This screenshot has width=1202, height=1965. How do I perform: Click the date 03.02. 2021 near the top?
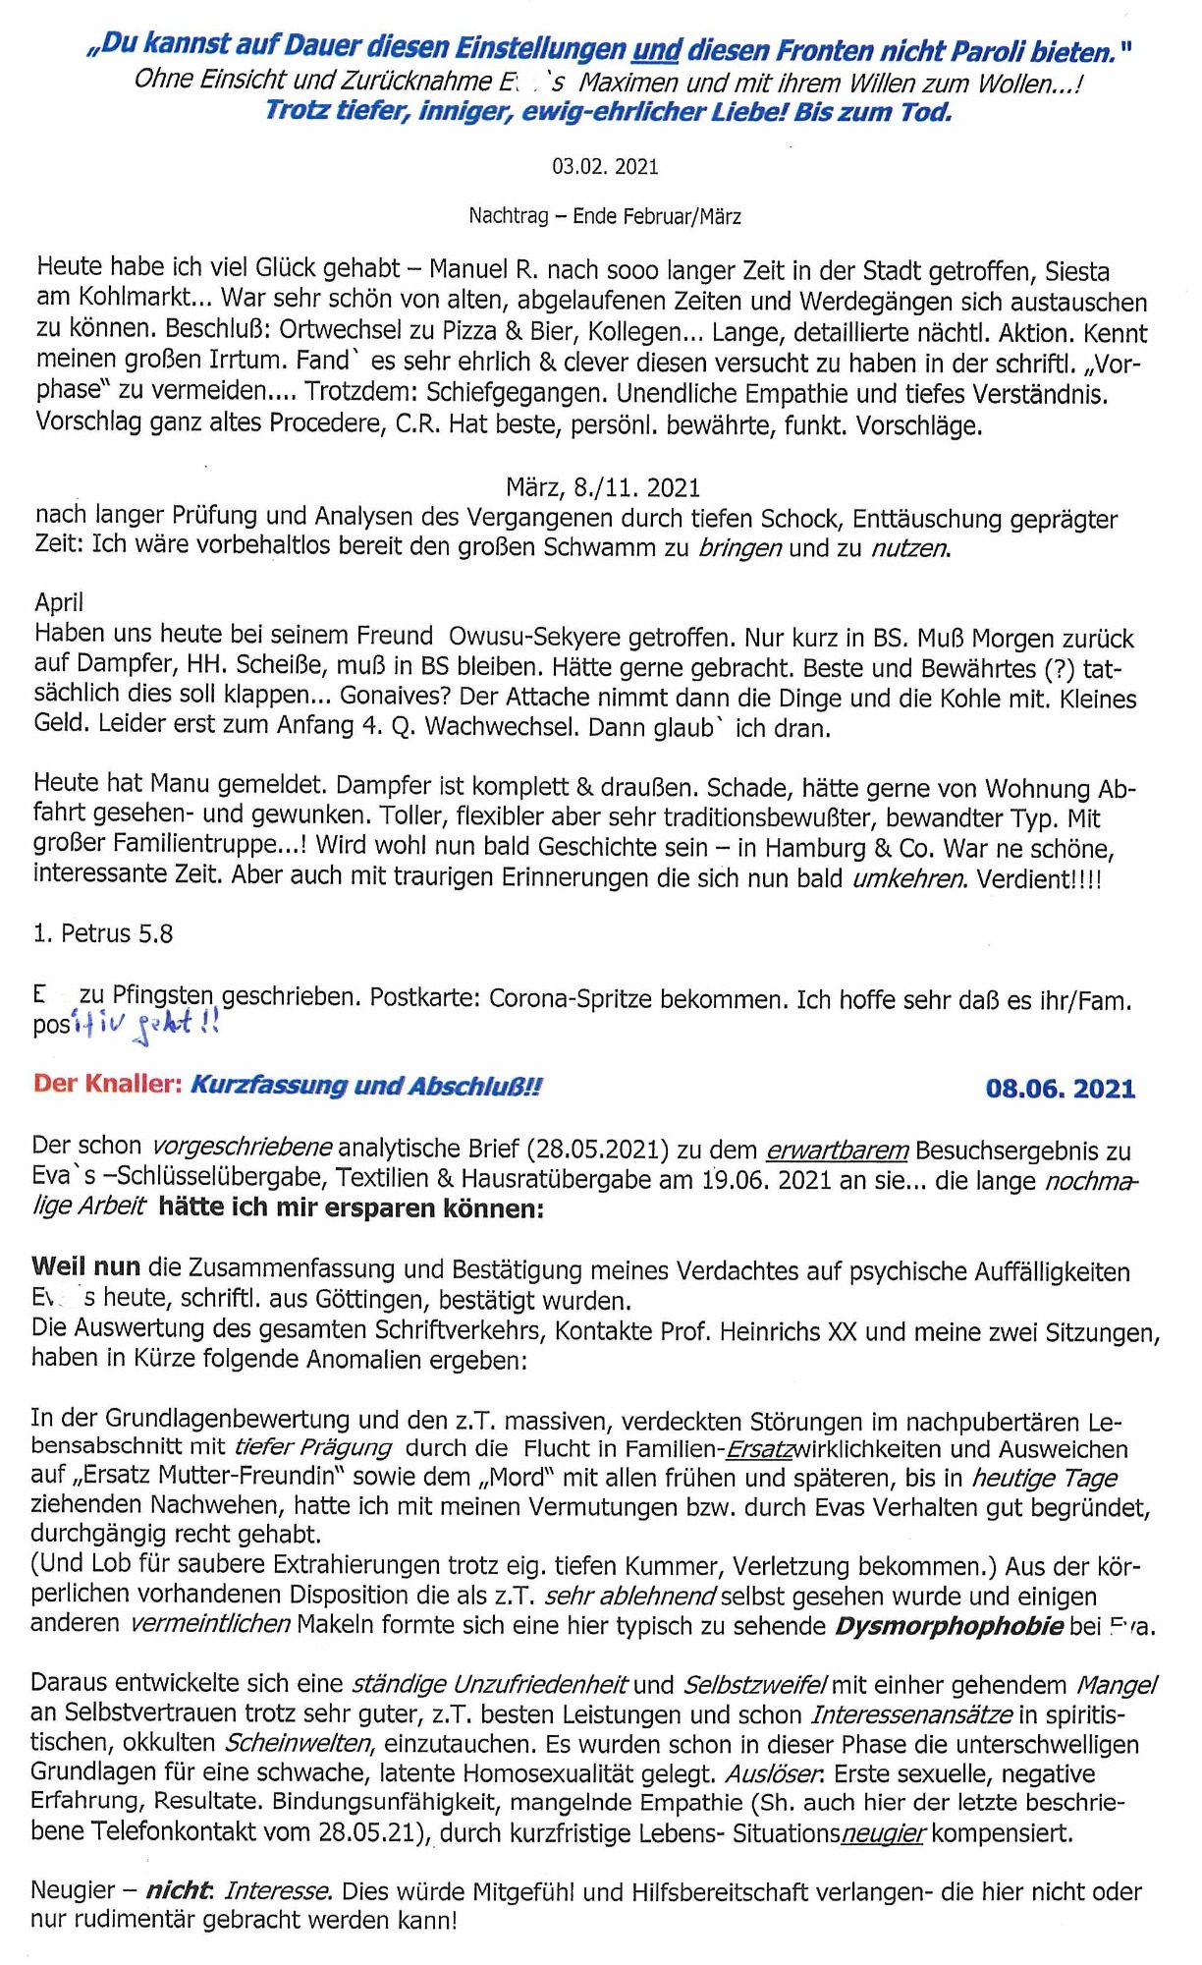604,166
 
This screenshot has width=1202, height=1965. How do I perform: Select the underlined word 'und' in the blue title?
657,48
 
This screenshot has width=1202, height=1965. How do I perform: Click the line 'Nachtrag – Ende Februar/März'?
604,216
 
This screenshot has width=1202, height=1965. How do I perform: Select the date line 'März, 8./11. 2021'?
602,487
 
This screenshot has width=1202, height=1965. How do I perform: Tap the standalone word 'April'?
59,602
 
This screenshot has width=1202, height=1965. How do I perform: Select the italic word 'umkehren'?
906,877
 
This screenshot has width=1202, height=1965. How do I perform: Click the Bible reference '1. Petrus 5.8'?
103,933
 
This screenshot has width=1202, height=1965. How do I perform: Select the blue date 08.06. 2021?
1060,1089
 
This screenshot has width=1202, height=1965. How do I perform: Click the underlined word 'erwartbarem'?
838,1150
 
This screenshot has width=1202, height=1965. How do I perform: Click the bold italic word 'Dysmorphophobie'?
948,1626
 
